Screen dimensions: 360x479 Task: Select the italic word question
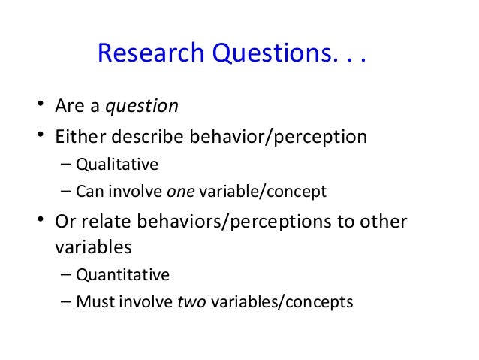pos(141,106)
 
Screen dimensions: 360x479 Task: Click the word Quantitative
pos(122,274)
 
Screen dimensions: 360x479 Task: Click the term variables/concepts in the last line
pos(282,301)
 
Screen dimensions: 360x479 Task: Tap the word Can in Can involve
pos(89,191)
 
